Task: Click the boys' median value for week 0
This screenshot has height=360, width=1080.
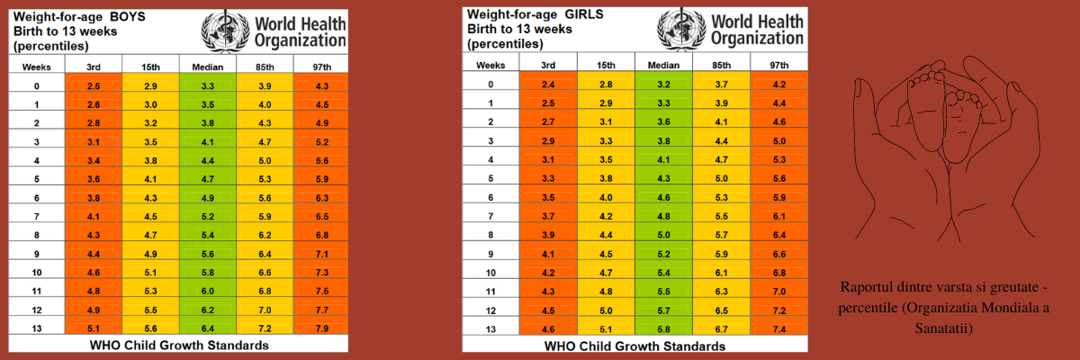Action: coord(208,86)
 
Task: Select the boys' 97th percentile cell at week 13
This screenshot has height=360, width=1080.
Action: coord(321,328)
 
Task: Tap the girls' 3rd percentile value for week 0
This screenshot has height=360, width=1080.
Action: coord(548,85)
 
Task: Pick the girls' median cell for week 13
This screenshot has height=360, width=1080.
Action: coord(663,329)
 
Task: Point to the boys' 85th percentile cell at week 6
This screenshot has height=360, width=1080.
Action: coord(265,198)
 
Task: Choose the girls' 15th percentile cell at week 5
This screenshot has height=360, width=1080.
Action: coord(606,178)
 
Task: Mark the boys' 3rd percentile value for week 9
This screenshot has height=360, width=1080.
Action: coord(94,254)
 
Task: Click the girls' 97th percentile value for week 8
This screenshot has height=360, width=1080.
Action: coord(779,235)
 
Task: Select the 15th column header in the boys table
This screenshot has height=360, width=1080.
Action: coord(150,67)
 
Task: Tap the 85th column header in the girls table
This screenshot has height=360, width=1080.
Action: coord(721,65)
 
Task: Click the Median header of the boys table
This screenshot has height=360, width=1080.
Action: coord(208,67)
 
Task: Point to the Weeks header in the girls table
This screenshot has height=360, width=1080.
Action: coord(490,65)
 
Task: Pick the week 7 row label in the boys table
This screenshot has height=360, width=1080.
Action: coord(37,216)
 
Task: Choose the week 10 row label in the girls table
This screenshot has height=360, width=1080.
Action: coord(490,273)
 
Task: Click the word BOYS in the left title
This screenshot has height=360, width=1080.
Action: coord(127,17)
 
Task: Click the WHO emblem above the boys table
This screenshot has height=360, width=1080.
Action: coord(225,31)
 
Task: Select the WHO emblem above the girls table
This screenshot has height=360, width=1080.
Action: coord(682,29)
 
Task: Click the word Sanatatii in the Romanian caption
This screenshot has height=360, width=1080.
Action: coord(943,328)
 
